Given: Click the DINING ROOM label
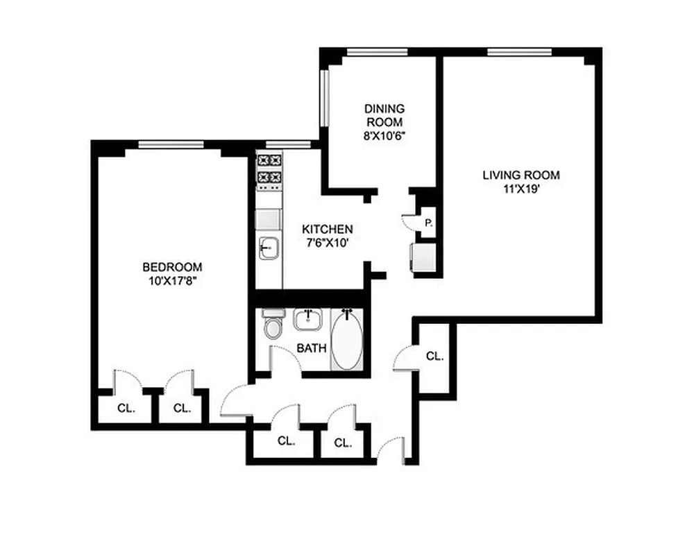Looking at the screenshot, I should [x=384, y=115].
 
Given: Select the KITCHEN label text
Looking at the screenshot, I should [x=328, y=229].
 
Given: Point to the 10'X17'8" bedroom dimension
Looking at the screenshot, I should [x=172, y=281].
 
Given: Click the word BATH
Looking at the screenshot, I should [x=312, y=348].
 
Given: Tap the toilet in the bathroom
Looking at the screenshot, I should [x=272, y=325].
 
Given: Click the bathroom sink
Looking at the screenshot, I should [x=307, y=319].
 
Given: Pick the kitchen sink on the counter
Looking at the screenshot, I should [x=268, y=246].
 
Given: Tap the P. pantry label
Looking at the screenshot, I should [x=429, y=223].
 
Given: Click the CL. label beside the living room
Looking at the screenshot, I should [x=434, y=356].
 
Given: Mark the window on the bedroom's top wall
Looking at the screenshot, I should [x=171, y=145].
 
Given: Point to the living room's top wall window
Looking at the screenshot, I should [x=519, y=51].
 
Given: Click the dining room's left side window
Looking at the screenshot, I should [x=323, y=96].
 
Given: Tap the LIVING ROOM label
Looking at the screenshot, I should [x=520, y=176].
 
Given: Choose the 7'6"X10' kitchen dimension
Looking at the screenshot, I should [x=328, y=243].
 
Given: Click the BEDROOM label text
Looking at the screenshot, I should [x=172, y=267].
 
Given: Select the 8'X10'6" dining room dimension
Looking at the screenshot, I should [x=384, y=135].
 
